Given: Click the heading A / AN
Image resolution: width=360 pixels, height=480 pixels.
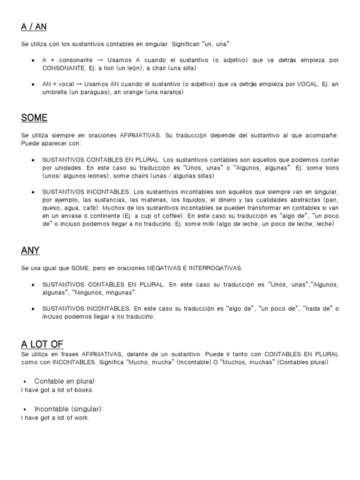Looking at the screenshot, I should pos(34,27).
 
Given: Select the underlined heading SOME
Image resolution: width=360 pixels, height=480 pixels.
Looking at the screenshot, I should pos(34,117).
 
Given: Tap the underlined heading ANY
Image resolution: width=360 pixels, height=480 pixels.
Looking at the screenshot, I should pos(30,250).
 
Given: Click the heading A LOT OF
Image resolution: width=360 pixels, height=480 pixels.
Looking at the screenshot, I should pos(42,345).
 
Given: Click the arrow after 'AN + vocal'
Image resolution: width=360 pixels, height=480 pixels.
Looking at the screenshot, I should pos(79,84).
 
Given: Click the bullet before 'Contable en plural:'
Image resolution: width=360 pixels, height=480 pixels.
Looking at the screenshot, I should pos(24,381).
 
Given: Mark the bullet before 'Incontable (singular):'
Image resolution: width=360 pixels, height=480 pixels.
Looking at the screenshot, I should pos(24,409).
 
